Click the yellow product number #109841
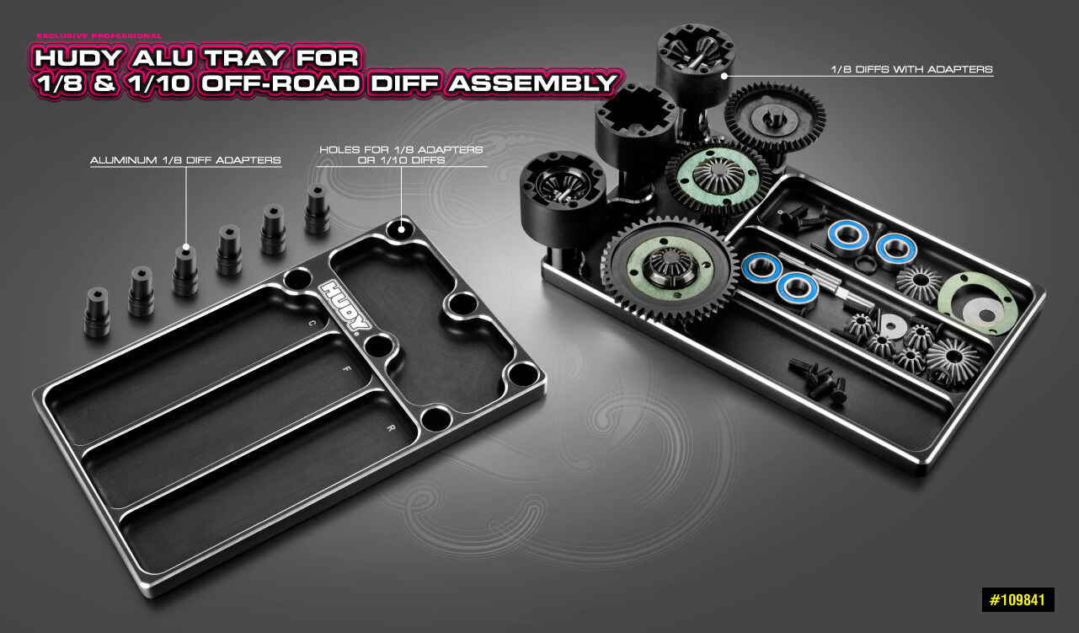pyautogui.click(x=1018, y=600)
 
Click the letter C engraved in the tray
pyautogui.click(x=312, y=323)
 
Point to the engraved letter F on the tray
pyautogui.click(x=345, y=369)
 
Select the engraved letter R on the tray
pyautogui.click(x=391, y=428)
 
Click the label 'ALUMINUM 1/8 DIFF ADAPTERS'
pyautogui.click(x=185, y=160)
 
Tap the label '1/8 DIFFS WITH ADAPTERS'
pyautogui.click(x=912, y=69)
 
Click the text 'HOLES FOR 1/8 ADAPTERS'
pyautogui.click(x=401, y=149)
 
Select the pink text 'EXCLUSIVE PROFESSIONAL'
pyautogui.click(x=99, y=36)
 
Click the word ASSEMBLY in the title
pyautogui.click(x=532, y=83)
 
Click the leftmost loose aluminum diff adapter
pyautogui.click(x=98, y=312)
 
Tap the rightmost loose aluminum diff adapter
pyautogui.click(x=317, y=209)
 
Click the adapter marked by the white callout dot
pyautogui.click(x=185, y=270)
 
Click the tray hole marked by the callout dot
pyautogui.click(x=401, y=229)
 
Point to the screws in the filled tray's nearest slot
pyautogui.click(x=818, y=380)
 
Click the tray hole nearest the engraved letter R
pyautogui.click(x=436, y=419)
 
